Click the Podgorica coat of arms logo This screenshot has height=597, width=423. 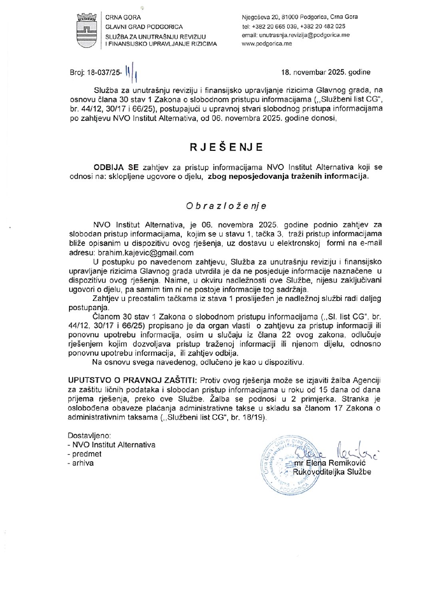pyautogui.click(x=87, y=30)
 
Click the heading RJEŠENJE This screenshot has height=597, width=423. pyautogui.click(x=226, y=147)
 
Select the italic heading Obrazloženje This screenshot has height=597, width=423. pyautogui.click(x=226, y=206)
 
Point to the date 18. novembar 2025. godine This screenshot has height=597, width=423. pyautogui.click(x=326, y=72)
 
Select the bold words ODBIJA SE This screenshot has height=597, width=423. pyautogui.click(x=116, y=167)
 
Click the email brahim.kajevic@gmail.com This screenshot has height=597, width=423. pyautogui.click(x=145, y=253)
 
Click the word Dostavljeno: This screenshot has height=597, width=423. pyautogui.click(x=89, y=435)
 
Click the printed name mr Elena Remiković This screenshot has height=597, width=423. pyautogui.click(x=330, y=463)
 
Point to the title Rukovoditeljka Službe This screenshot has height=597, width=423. pyautogui.click(x=332, y=472)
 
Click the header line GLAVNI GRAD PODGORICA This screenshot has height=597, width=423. pyautogui.click(x=144, y=27)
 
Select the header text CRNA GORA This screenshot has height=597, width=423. pyautogui.click(x=123, y=18)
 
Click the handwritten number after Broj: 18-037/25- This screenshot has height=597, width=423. pyautogui.click(x=128, y=72)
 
